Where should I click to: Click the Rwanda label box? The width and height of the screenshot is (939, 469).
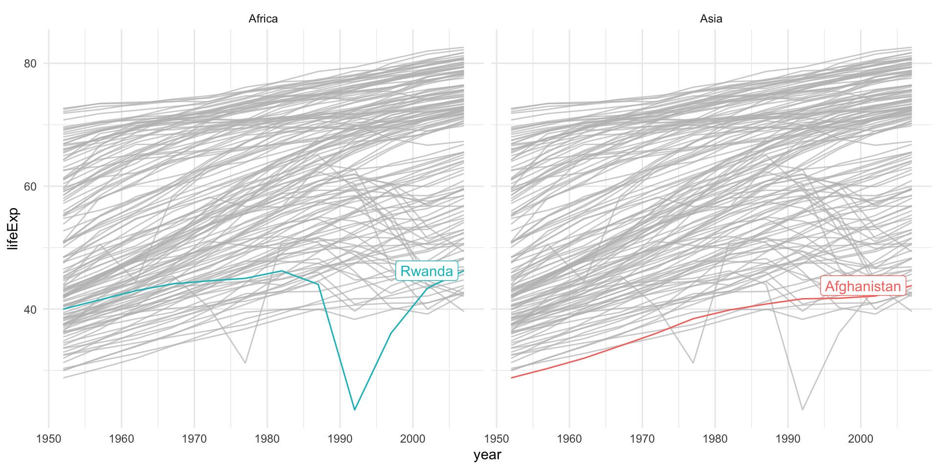(426, 271)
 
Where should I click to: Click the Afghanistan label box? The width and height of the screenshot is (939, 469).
(863, 286)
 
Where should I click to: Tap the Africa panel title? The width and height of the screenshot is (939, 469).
(263, 19)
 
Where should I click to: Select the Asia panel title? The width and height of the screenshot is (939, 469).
(711, 19)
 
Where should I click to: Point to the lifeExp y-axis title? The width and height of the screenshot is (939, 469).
(13, 229)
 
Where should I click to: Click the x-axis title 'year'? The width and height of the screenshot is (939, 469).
(487, 455)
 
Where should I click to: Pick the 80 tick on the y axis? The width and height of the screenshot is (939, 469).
(30, 64)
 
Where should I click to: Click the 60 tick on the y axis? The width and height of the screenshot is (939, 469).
(30, 186)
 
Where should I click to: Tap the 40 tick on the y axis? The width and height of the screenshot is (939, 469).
(30, 309)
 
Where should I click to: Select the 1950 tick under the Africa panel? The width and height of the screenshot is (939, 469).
(48, 438)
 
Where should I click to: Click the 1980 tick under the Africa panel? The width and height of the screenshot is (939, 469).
(267, 438)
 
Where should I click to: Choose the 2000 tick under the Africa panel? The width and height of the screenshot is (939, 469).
(413, 438)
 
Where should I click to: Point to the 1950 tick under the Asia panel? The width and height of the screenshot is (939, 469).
(496, 438)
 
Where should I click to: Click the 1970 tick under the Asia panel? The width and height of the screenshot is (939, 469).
(642, 438)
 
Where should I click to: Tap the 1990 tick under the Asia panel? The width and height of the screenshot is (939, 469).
(788, 438)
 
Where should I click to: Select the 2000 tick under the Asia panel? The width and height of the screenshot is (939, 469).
(861, 438)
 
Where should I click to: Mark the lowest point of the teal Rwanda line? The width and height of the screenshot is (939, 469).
(355, 409)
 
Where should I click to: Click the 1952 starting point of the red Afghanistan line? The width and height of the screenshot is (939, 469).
(512, 378)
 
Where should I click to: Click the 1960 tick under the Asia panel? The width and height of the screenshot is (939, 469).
(569, 438)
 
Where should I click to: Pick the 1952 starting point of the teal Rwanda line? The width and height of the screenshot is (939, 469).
(64, 309)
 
